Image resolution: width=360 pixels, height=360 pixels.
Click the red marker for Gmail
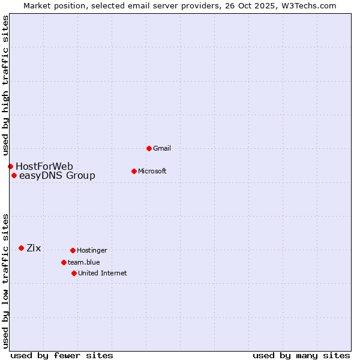click(x=149, y=148)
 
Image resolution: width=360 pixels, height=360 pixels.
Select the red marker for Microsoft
click(x=134, y=171)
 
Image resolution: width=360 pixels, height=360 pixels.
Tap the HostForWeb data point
click(x=10, y=166)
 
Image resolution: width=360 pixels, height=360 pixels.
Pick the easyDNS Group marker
click(x=14, y=175)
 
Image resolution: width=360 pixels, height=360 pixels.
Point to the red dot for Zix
click(x=21, y=248)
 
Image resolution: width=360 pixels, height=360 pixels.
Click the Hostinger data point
click(x=73, y=250)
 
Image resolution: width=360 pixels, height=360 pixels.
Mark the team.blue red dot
click(x=64, y=262)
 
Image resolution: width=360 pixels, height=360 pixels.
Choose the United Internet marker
click(x=74, y=273)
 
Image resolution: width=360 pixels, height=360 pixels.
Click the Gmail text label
click(x=162, y=148)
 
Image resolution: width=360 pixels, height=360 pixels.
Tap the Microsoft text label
click(x=152, y=171)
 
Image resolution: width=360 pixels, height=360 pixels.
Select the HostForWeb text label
click(x=44, y=166)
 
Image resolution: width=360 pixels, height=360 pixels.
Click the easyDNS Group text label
click(x=57, y=175)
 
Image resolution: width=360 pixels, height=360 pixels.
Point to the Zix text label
click(x=34, y=248)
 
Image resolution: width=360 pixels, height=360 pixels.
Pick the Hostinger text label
click(x=92, y=250)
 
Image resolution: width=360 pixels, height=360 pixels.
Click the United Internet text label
click(x=102, y=273)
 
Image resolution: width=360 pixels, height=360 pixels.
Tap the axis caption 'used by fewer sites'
click(x=62, y=355)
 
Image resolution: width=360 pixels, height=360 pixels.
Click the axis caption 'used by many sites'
click(x=301, y=355)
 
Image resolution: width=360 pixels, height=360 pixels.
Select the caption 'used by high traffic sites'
click(x=5, y=85)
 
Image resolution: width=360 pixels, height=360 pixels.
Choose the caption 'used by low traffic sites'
click(x=5, y=281)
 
